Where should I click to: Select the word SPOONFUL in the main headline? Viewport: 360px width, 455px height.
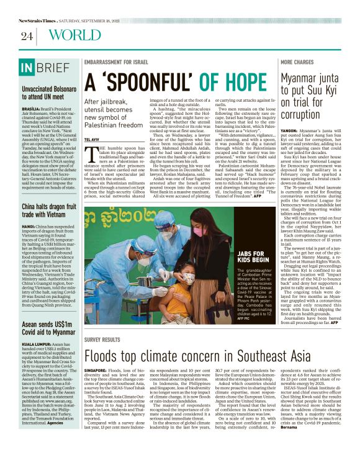[154, 83]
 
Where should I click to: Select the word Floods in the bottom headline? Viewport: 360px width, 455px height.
[106, 357]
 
